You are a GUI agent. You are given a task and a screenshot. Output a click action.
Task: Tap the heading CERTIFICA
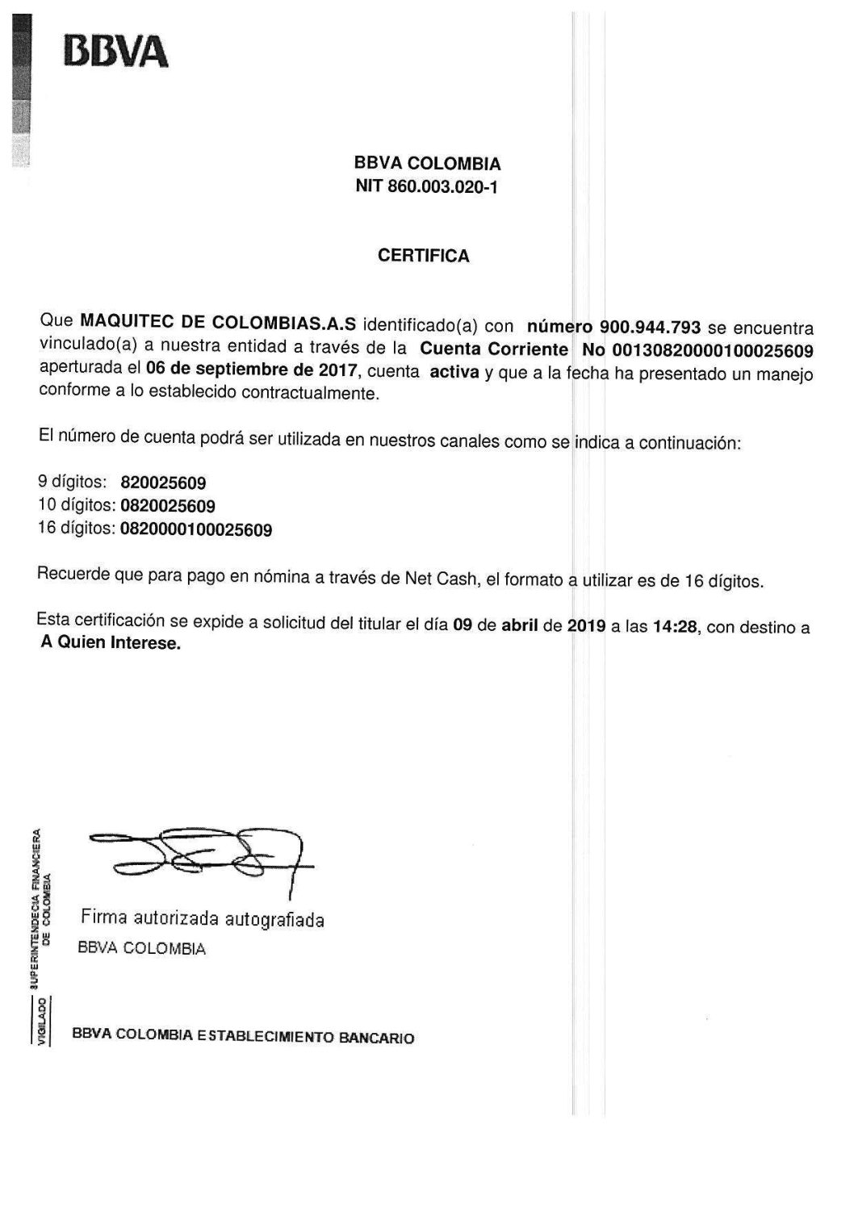pos(424,256)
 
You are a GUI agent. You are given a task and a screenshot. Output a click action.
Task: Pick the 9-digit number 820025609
pos(162,483)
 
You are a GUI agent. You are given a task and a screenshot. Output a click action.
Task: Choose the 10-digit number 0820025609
pos(168,507)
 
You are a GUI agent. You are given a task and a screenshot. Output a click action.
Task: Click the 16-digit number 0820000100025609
pos(196,530)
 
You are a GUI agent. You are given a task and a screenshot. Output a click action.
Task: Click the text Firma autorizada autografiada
pos(202,918)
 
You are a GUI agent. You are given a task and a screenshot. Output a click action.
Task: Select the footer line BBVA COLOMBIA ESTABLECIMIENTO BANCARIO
pos(243,1035)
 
